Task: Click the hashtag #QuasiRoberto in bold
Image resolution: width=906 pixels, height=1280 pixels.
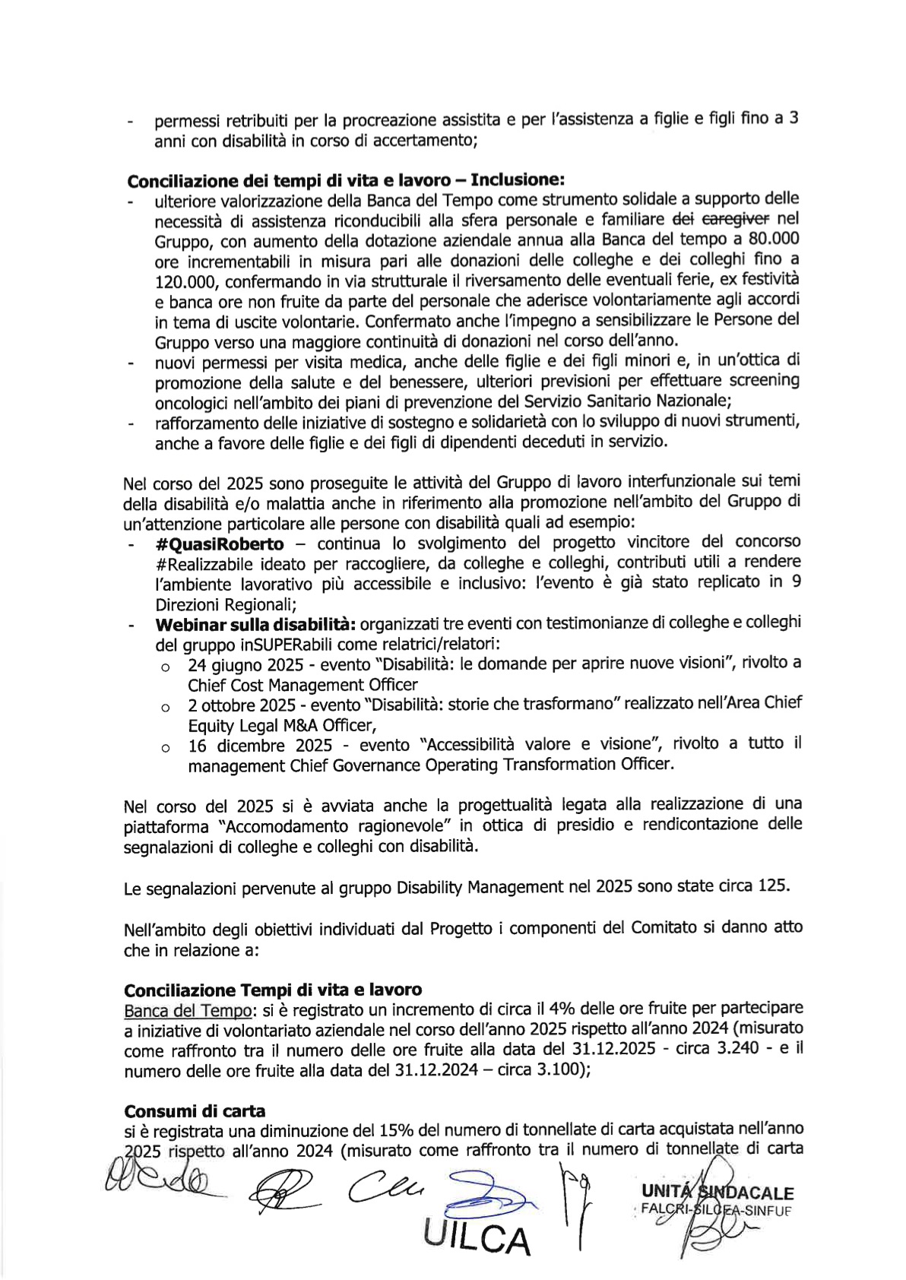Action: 219,544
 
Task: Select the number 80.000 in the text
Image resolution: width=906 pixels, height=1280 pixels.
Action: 773,240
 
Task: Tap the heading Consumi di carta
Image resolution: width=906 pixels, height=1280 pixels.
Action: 195,1111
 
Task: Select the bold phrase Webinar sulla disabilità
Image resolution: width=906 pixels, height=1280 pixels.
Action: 255,625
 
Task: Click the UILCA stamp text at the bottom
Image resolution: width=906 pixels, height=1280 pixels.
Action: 477,1240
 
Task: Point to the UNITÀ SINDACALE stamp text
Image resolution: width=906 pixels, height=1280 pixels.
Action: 717,1193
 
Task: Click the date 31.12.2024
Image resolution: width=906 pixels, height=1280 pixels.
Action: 436,1070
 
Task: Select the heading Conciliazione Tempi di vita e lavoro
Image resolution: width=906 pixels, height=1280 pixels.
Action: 272,990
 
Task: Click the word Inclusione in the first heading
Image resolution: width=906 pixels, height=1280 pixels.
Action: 517,181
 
